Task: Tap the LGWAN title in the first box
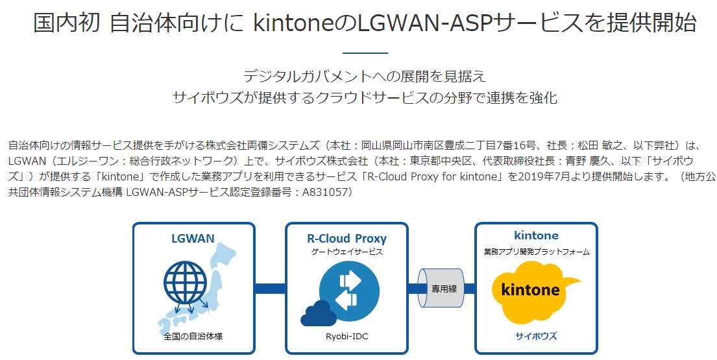click(x=193, y=238)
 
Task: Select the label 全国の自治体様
click(x=193, y=337)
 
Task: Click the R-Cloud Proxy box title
click(x=346, y=238)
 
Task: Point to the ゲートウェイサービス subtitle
click(x=346, y=251)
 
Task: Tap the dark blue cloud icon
click(x=318, y=313)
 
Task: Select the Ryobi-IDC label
click(x=346, y=337)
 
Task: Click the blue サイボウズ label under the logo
click(x=536, y=336)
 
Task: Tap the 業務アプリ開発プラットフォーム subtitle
click(x=536, y=251)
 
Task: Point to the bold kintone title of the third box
click(x=536, y=235)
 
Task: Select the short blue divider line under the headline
click(x=365, y=53)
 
